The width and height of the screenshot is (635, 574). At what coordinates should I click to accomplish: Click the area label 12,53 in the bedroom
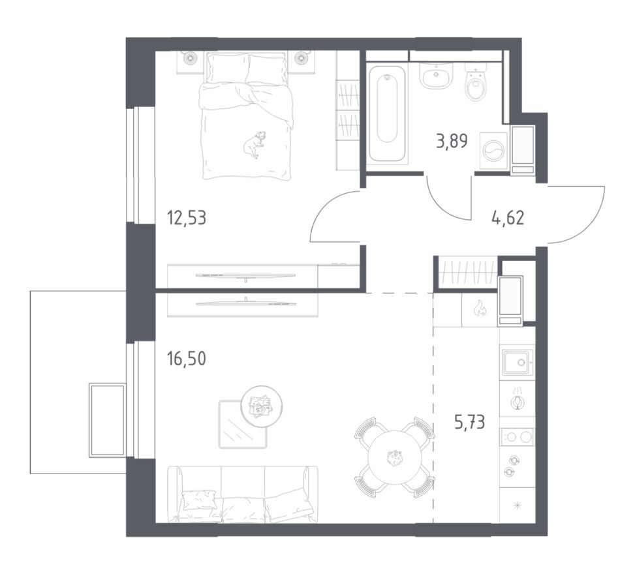tap(187, 217)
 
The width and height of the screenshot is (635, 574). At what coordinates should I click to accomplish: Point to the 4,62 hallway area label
tap(507, 217)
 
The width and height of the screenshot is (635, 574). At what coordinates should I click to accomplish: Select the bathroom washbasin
tap(434, 77)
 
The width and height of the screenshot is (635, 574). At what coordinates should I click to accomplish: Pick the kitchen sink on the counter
tap(517, 361)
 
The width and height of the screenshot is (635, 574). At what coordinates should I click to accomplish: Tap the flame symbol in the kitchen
tap(480, 309)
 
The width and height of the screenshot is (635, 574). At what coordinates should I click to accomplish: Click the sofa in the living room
tap(243, 496)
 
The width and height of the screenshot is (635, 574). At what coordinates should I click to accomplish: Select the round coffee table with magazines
tap(261, 406)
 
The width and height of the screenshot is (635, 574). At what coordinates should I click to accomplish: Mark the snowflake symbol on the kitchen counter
tap(517, 505)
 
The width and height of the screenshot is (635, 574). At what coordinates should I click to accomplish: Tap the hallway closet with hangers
tap(466, 271)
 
